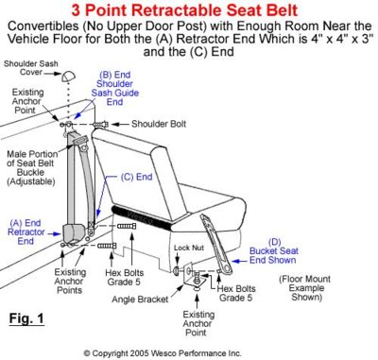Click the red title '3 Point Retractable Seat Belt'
point(189,10)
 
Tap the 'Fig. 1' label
point(28,316)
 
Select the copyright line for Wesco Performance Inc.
point(188,351)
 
